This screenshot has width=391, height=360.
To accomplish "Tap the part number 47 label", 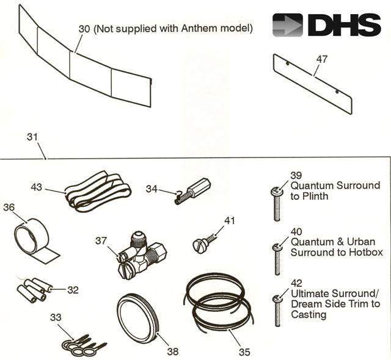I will tap(321, 59).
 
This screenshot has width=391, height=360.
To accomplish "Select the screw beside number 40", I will tap(279, 259).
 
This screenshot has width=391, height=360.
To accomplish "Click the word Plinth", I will tap(318, 196).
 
